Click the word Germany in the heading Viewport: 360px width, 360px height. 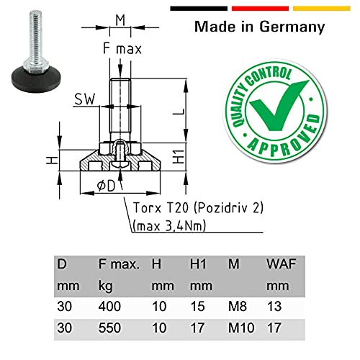pos(286,28)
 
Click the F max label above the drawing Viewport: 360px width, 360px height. pos(121,50)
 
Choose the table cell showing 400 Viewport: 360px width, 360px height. pos(109,306)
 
